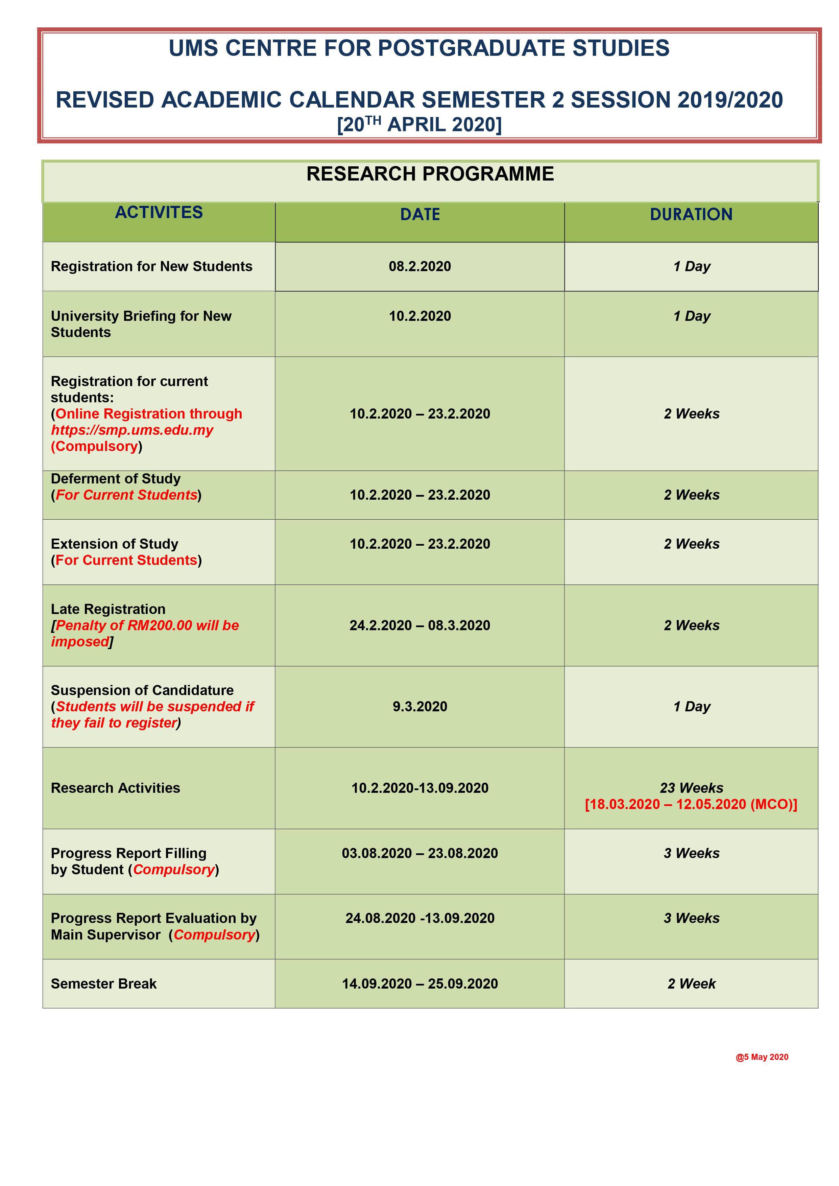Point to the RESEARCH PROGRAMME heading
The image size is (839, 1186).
coord(430,174)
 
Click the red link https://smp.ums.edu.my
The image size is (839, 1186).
coord(132,430)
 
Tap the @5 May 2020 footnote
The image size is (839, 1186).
coord(762,1057)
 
